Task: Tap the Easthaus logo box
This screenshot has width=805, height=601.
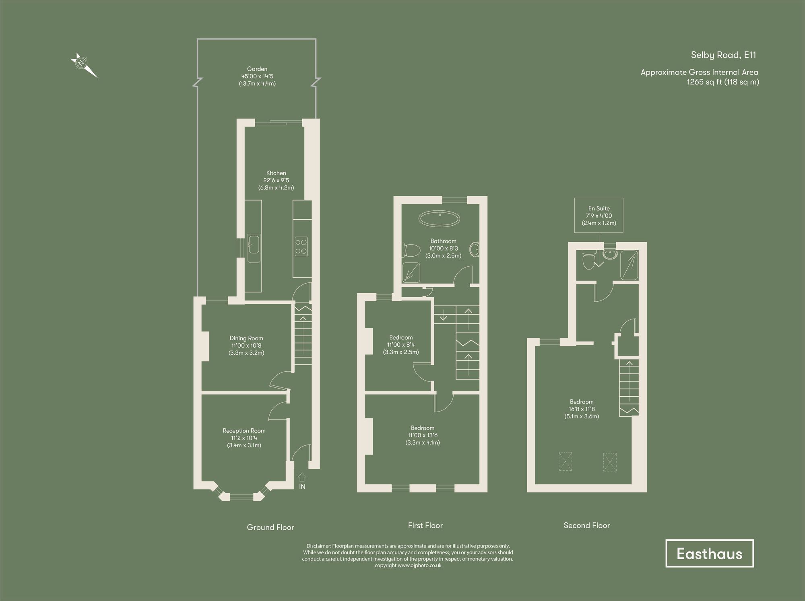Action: tap(709, 554)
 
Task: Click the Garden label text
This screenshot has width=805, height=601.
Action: tap(257, 69)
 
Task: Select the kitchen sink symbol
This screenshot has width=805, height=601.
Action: tap(254, 248)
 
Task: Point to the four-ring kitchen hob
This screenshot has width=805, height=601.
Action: tap(301, 247)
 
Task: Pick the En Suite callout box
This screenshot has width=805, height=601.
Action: tap(599, 215)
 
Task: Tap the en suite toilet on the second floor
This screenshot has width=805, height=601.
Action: tap(588, 261)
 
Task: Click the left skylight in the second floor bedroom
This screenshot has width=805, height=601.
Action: tap(566, 461)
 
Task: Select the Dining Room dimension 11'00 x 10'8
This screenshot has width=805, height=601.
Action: tap(246, 346)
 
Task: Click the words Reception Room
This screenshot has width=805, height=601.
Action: tap(244, 431)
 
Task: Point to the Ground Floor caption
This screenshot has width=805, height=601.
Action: tap(270, 527)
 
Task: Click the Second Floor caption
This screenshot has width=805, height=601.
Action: tap(586, 525)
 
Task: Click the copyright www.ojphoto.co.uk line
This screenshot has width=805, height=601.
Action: tap(408, 565)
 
